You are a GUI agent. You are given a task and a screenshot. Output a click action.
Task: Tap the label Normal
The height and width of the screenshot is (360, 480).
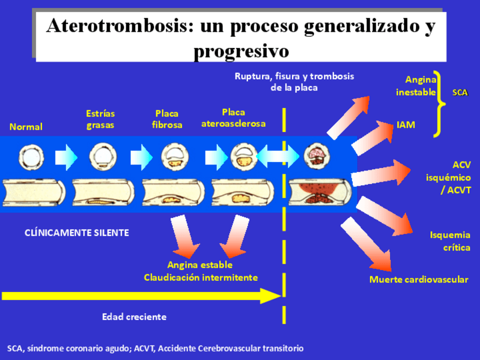(x=26, y=127)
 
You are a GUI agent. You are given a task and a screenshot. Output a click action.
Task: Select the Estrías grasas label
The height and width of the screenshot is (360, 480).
(x=100, y=119)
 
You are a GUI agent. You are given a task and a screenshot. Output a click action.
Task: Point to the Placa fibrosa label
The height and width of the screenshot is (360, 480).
(x=167, y=119)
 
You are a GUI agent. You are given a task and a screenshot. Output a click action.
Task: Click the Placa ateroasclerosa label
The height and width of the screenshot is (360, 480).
(x=233, y=118)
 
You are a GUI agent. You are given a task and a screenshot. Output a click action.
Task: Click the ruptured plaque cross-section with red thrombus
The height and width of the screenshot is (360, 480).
(x=315, y=155)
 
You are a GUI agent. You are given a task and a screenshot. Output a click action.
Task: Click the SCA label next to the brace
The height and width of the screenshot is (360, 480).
(x=460, y=92)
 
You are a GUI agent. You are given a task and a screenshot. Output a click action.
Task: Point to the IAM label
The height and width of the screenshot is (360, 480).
(x=405, y=125)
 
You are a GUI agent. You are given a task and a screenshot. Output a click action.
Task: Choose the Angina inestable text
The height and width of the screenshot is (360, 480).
(x=416, y=86)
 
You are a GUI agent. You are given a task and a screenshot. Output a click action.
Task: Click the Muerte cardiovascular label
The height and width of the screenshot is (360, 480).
(x=419, y=280)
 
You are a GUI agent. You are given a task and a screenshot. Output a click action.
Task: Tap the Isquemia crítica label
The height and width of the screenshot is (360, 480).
(x=450, y=241)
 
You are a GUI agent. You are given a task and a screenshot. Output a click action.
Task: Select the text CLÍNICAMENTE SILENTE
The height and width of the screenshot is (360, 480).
(x=77, y=233)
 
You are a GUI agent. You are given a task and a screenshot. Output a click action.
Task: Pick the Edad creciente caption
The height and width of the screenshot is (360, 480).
(x=134, y=317)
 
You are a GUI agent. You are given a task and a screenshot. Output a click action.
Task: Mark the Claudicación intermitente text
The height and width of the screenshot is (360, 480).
(x=200, y=277)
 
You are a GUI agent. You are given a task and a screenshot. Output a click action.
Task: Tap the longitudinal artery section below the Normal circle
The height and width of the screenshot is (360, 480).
(x=34, y=192)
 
